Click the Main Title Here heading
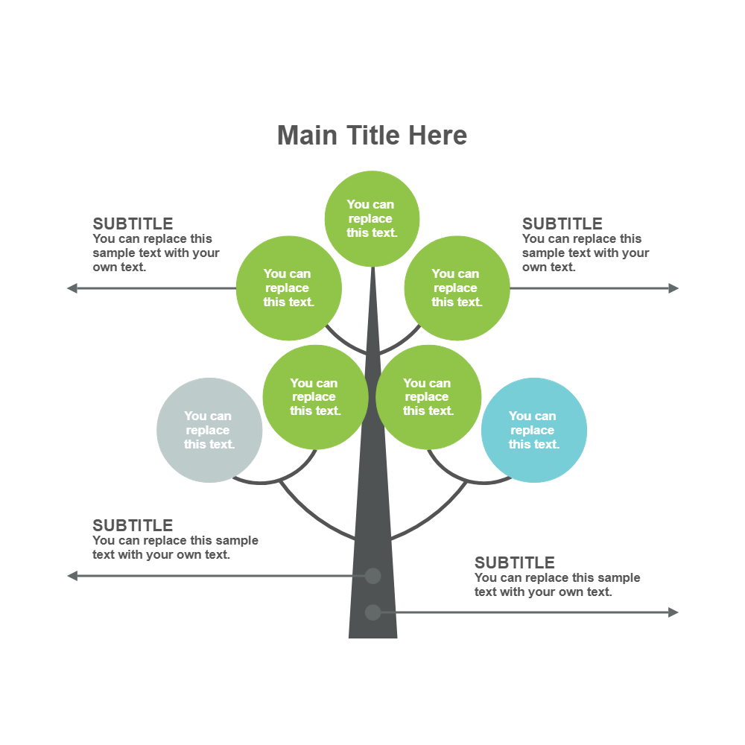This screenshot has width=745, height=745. (372, 136)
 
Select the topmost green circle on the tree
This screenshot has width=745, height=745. (372, 218)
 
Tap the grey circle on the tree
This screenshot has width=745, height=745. (209, 430)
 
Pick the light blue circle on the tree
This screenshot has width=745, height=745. (534, 430)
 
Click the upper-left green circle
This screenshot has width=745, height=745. (288, 288)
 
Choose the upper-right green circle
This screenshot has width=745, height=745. (457, 288)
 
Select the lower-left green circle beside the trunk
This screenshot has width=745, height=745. (315, 396)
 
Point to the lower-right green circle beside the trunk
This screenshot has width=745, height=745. (428, 396)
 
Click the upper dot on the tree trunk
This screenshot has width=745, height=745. (372, 576)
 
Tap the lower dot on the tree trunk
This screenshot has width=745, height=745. (372, 612)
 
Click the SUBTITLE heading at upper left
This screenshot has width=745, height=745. (133, 223)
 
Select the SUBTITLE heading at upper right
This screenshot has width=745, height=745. (562, 223)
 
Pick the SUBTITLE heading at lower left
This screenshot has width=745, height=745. (133, 525)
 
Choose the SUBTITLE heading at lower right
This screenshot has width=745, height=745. (515, 562)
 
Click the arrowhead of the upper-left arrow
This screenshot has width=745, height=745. (72, 288)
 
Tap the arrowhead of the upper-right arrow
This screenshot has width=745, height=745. (674, 288)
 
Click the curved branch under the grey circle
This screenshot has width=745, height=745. (261, 483)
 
